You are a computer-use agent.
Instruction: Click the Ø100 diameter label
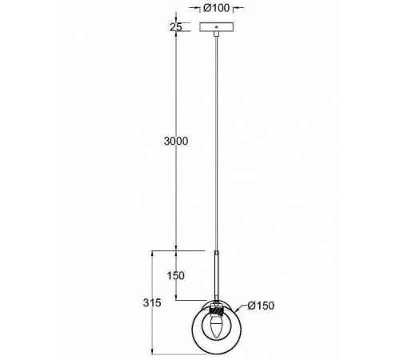click(x=218, y=9)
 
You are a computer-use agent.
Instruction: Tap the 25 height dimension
click(x=177, y=27)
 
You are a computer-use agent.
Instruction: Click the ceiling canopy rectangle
click(x=218, y=28)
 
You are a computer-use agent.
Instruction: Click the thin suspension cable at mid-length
click(x=217, y=144)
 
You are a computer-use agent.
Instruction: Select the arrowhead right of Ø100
click(x=237, y=9)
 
